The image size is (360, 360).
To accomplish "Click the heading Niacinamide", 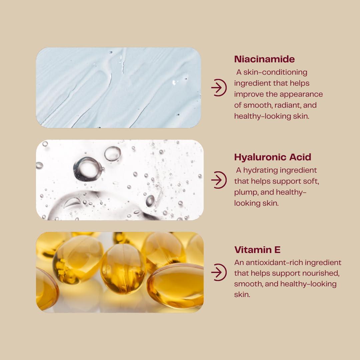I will pos(264,59).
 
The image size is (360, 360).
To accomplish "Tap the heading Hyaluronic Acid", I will pos(272,157).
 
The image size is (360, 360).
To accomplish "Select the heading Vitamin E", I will pos(257,250).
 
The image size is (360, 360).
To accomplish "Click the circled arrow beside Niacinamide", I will pos(219,88).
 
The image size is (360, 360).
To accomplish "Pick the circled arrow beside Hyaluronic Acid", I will pos(219,180).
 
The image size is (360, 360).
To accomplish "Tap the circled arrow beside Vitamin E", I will pos(219,272).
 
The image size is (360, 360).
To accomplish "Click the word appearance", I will pos(301,94).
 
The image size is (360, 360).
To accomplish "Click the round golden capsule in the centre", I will pos(123,269).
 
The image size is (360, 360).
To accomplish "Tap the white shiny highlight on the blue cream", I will pos(175,82).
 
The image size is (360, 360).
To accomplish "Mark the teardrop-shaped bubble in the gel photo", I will pos(72,202).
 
